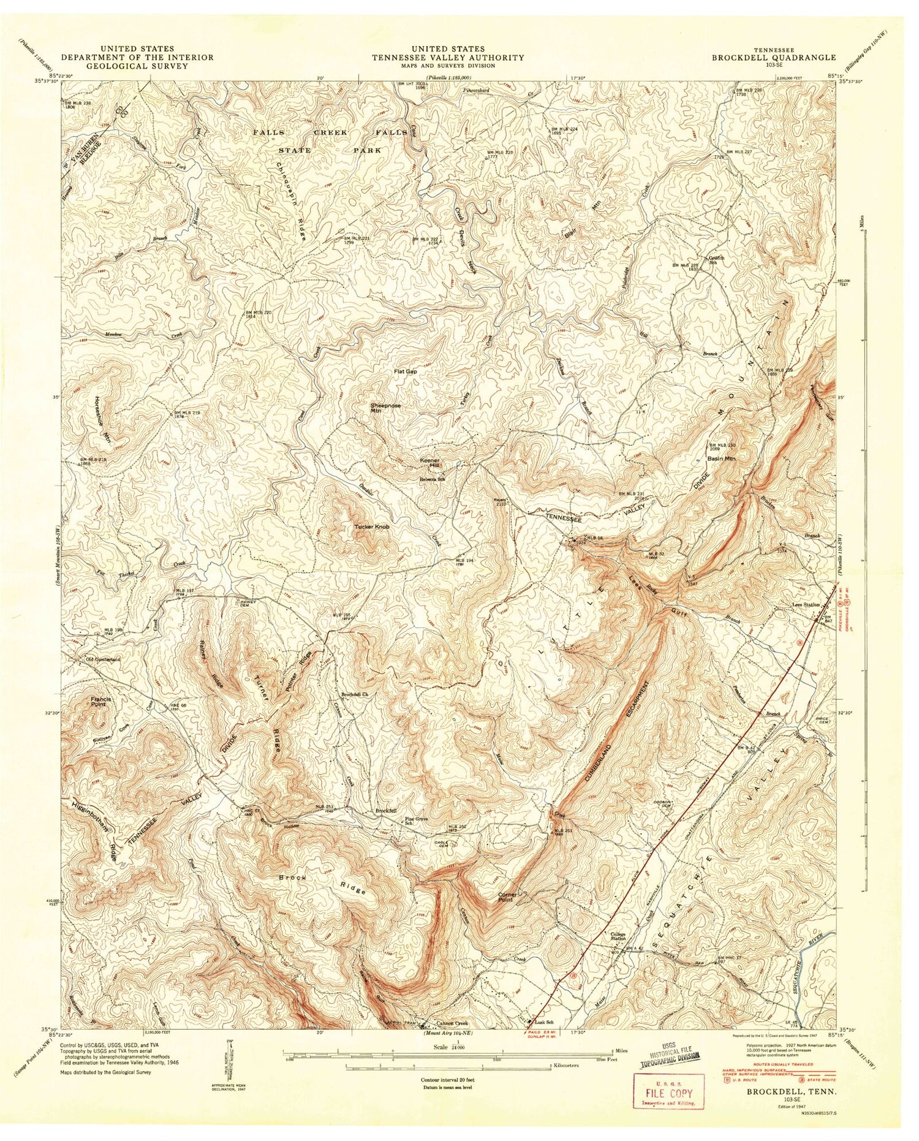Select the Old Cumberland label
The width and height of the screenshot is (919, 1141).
104,659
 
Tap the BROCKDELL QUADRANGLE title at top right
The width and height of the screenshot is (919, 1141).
773,57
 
